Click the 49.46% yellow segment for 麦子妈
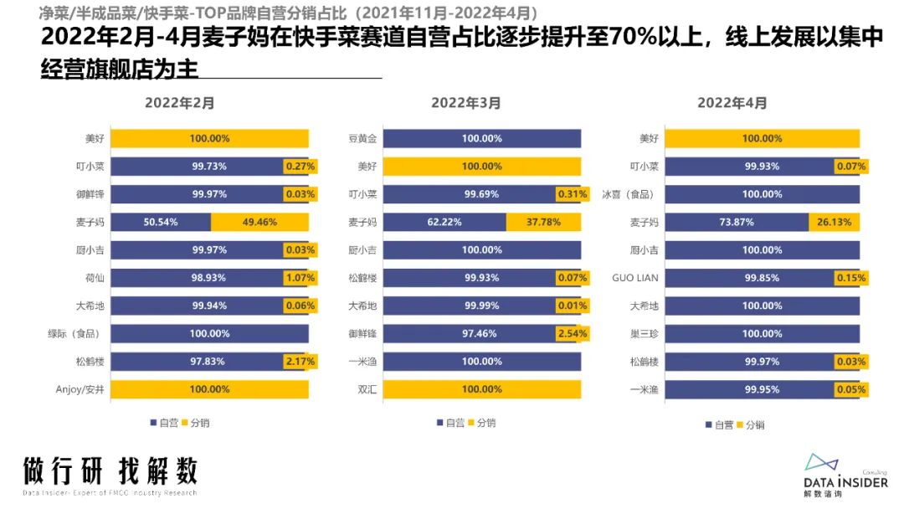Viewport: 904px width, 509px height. pyautogui.click(x=259, y=223)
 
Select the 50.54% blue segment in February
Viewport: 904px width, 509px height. pyautogui.click(x=161, y=223)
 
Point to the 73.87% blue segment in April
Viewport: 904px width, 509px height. pyautogui.click(x=737, y=223)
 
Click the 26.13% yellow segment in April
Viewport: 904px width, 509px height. pyautogui.click(x=834, y=223)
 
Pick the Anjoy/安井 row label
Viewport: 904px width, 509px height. pyautogui.click(x=80, y=389)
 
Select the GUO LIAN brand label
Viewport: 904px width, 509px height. pyautogui.click(x=635, y=278)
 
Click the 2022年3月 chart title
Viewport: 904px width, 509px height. pyautogui.click(x=466, y=103)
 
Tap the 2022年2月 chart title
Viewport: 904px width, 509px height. pyautogui.click(x=180, y=103)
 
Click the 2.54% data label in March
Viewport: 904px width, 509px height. pyautogui.click(x=572, y=333)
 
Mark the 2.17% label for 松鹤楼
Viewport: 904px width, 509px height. pyautogui.click(x=300, y=362)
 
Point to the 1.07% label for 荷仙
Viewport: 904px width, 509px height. pyautogui.click(x=300, y=278)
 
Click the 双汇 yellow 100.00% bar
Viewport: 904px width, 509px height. pyautogui.click(x=482, y=389)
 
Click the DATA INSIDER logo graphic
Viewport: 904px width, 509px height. pyautogui.click(x=824, y=462)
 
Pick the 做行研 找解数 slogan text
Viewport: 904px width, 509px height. pyautogui.click(x=110, y=470)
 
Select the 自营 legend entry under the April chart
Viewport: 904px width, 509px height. pyautogui.click(x=719, y=424)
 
